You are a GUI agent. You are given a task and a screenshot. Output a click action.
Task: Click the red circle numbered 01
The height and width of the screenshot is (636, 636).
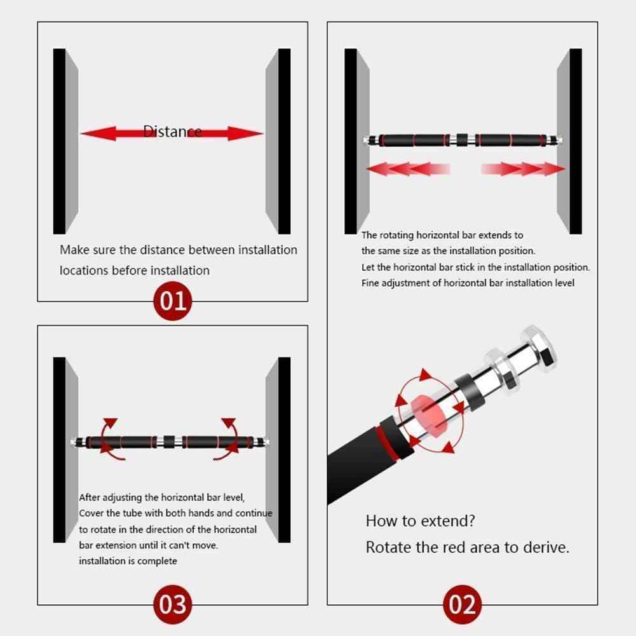[173, 301]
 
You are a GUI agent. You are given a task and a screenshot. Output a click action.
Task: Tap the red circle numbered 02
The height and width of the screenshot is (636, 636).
[463, 604]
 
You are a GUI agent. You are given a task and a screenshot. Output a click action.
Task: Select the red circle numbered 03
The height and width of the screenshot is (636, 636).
[173, 604]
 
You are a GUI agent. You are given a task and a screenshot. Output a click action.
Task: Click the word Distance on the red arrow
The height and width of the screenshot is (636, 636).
[172, 132]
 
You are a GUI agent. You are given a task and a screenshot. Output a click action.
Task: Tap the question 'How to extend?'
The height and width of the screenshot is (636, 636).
[420, 521]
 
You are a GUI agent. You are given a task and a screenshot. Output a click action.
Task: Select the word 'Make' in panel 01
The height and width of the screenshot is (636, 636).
[74, 250]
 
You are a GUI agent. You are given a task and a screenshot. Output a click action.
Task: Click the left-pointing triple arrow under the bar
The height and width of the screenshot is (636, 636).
[408, 168]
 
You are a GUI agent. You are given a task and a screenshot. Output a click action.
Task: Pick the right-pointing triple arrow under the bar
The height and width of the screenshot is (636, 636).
[524, 168]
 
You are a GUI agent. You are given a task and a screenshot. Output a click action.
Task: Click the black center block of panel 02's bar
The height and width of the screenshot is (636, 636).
[462, 140]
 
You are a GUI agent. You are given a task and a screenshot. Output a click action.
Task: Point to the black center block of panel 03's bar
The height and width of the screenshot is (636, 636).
[169, 442]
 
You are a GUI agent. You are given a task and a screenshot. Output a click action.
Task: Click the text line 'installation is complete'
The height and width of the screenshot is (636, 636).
[128, 561]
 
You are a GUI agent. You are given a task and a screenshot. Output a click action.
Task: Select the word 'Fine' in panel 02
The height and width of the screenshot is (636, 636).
[370, 283]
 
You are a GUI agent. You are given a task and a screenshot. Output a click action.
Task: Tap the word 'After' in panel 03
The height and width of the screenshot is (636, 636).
[89, 497]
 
